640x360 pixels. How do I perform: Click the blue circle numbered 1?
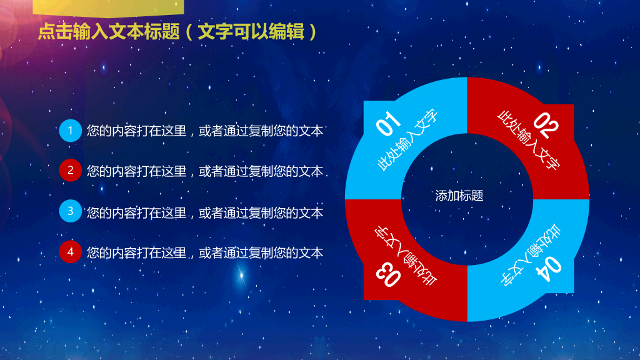click(70, 131)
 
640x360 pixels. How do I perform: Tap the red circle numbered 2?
click(70, 170)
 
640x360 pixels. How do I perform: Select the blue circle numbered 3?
click(70, 211)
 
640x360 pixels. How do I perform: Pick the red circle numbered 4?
click(70, 252)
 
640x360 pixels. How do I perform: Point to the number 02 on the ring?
click(546, 125)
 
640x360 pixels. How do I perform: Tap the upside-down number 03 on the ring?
click(388, 274)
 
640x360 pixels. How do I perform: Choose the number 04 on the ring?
click(549, 269)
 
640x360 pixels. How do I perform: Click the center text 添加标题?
click(459, 196)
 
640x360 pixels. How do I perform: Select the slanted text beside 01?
click(407, 140)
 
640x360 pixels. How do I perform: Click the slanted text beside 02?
click(529, 140)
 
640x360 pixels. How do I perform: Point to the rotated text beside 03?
click(406, 256)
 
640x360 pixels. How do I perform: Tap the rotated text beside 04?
click(531, 255)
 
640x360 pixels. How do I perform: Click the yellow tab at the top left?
click(108, 7)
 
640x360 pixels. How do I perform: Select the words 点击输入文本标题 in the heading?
click(109, 32)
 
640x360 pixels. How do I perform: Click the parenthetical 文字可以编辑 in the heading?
click(251, 32)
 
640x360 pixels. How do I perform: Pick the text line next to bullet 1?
click(205, 131)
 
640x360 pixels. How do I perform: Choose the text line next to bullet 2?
click(205, 171)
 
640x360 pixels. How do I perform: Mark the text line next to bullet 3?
click(205, 212)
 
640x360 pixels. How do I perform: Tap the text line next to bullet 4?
click(205, 252)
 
